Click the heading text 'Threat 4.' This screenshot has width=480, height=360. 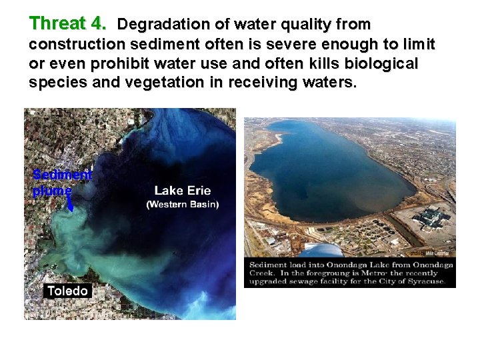[x=67, y=24]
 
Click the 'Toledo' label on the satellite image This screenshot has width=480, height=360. [x=67, y=291]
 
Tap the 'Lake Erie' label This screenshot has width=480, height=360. [x=182, y=191]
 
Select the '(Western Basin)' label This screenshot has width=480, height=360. [x=182, y=204]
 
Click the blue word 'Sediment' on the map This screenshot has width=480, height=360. [x=62, y=175]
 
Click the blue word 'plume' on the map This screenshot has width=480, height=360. [x=51, y=190]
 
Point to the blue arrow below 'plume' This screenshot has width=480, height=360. [x=69, y=205]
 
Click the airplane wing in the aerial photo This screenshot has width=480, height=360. [x=320, y=250]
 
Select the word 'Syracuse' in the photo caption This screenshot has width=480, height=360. [x=427, y=281]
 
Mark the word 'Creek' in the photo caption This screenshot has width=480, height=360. [x=261, y=273]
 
